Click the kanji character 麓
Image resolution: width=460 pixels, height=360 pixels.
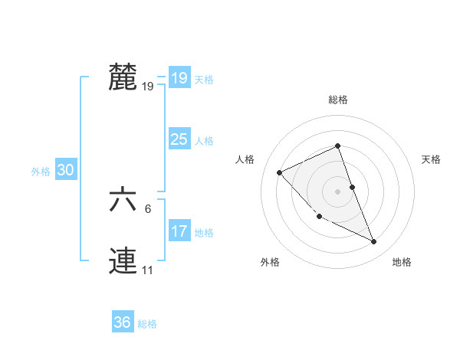(123, 77)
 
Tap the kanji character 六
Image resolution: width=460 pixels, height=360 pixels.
(123, 200)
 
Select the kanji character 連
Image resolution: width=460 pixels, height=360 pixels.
(123, 261)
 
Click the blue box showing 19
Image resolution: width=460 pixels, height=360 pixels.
(179, 78)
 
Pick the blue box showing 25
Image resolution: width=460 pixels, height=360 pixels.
(179, 139)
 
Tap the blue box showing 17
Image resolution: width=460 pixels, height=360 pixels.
(179, 231)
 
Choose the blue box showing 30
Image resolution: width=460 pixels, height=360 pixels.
(65, 171)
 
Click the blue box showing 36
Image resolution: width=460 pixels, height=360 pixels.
(122, 322)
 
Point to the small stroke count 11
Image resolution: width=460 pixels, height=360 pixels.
(147, 270)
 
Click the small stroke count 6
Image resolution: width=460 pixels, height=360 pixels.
(148, 209)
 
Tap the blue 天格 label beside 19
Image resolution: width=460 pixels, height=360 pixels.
(204, 80)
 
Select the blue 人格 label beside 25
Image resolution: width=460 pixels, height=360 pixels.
(204, 141)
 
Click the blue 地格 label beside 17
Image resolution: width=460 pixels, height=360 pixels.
(204, 233)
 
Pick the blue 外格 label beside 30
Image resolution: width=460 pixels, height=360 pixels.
(41, 172)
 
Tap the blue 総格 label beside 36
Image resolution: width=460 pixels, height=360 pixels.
(147, 324)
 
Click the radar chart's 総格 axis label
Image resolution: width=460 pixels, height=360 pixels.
(337, 100)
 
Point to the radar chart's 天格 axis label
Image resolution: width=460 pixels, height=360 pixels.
(432, 159)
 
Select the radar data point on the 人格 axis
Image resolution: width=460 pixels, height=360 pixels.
(280, 172)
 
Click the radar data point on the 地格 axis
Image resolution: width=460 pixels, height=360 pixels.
(374, 242)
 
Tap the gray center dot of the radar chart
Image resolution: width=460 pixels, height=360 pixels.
(337, 191)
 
